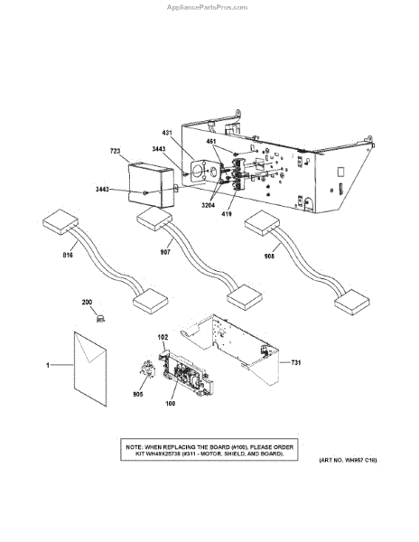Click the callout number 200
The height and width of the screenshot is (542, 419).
pos(88,303)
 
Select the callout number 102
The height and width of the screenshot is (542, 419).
pos(163,339)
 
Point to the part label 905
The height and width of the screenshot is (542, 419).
pos(138,395)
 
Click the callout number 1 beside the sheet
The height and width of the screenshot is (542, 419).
pos(46,365)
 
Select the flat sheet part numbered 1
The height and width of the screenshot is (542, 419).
pos(97,366)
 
